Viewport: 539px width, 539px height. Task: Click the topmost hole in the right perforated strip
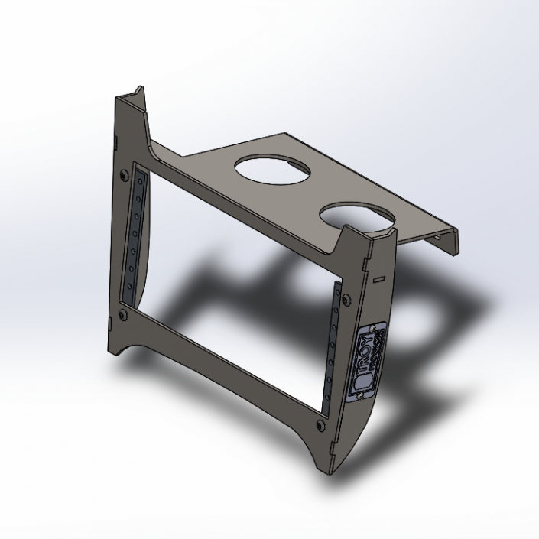[337, 290]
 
